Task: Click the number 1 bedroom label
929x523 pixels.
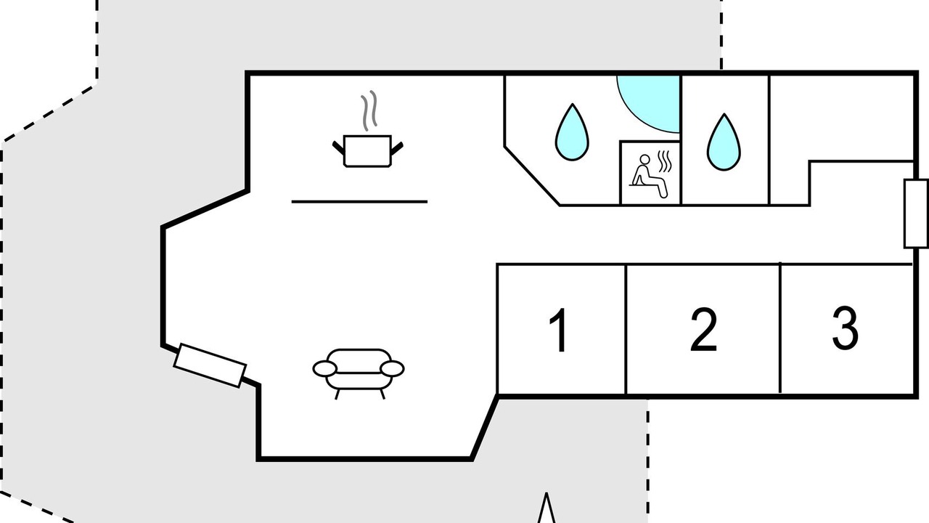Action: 559,330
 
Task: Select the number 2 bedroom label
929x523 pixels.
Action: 703,330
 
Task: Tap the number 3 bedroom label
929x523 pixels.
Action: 846,328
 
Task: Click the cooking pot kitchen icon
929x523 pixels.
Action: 367,151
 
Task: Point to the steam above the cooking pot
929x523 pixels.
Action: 369,110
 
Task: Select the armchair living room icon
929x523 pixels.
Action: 359,374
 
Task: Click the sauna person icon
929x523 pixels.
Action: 650,176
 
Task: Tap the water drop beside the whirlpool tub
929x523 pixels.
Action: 572,132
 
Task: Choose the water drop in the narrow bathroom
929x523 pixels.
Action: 724,142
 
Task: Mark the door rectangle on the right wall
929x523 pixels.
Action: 916,214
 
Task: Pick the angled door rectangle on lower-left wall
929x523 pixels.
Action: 210,365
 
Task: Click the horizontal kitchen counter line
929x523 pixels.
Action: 359,202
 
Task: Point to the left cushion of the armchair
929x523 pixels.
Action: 324,368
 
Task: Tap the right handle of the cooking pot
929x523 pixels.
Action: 396,148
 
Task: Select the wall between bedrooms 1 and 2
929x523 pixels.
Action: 626,329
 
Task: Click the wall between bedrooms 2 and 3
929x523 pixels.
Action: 780,328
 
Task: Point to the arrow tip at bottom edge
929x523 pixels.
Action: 547,493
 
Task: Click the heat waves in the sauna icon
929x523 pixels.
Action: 665,162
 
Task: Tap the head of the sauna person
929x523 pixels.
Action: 645,160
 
